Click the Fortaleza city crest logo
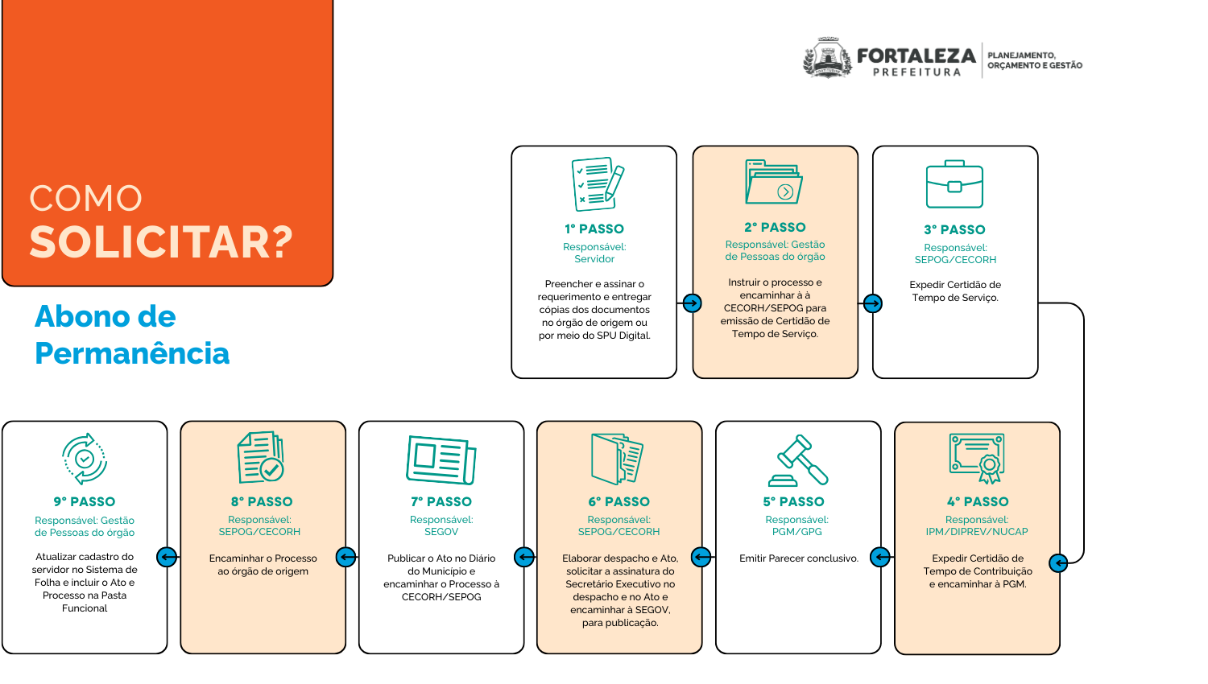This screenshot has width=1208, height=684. point(827,59)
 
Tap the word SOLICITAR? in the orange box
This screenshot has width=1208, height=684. point(161,242)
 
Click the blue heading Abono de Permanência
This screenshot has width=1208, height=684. point(132,335)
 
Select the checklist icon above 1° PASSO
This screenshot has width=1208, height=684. point(598,184)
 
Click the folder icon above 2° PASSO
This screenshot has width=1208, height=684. point(774,182)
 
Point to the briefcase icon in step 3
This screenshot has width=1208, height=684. point(954,184)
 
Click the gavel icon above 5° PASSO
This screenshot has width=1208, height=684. point(797,460)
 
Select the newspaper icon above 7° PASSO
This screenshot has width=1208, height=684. point(441,459)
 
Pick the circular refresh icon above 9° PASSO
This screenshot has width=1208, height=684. point(85,459)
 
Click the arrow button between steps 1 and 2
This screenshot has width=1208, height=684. point(692,303)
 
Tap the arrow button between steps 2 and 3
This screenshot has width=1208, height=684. point(872,303)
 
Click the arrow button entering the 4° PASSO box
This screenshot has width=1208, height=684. point(1058,562)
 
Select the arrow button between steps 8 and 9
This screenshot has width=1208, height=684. point(167,557)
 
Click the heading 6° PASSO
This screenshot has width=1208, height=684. point(618,502)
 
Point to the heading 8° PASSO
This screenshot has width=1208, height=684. point(262,502)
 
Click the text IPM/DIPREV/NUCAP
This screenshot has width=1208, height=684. point(976,532)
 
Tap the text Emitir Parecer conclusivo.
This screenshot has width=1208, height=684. point(798,558)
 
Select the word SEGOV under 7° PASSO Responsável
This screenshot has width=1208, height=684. point(441,532)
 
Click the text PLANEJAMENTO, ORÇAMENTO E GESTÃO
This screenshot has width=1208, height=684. point(1034,60)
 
